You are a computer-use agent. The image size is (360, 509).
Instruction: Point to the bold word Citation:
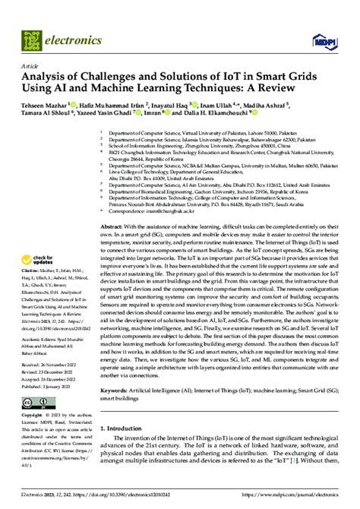[30, 271]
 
